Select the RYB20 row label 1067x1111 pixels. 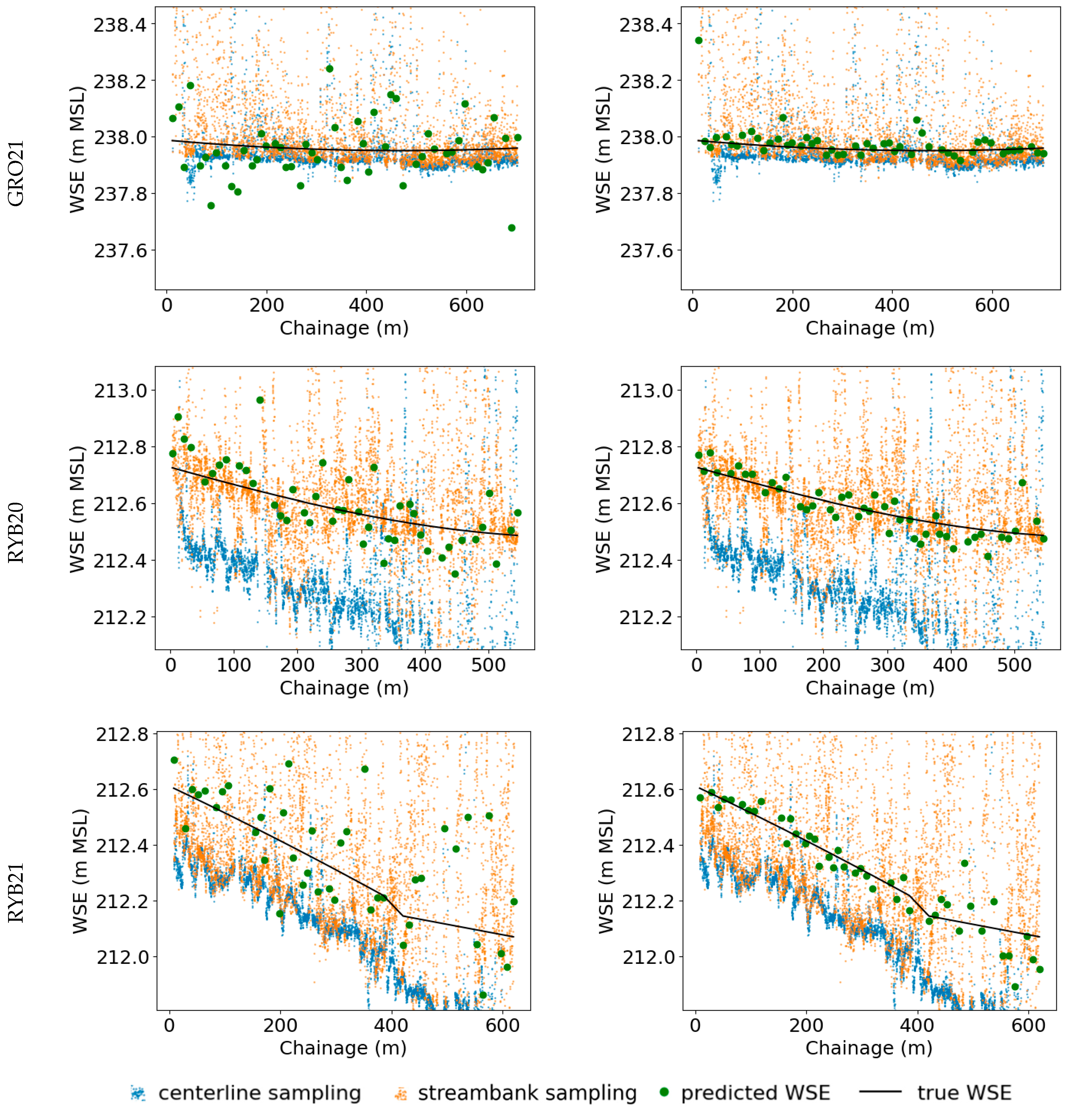click(16, 533)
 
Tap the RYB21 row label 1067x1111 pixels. click(16, 893)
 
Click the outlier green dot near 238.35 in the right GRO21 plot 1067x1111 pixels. click(699, 40)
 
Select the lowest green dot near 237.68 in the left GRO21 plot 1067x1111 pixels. click(512, 228)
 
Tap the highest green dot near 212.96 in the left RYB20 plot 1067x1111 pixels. click(260, 400)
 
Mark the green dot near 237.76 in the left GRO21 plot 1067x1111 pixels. click(211, 206)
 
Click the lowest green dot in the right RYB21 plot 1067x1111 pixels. click(1015, 987)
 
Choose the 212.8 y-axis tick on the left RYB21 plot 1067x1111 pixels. click(122, 735)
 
